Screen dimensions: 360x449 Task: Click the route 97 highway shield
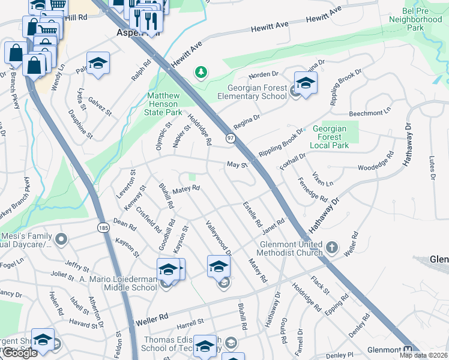[231, 139]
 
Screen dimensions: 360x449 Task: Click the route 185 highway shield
[103, 228]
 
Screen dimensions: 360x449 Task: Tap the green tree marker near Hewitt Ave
[201, 73]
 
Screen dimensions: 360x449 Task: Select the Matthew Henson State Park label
[164, 104]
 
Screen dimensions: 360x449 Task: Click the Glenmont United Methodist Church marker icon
[331, 247]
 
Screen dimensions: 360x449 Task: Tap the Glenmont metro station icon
[409, 350]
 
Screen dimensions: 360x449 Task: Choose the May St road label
[237, 165]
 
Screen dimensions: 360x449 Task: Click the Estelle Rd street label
[253, 214]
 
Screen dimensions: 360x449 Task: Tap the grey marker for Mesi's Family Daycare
[61, 241]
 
